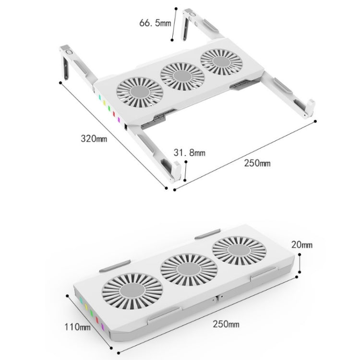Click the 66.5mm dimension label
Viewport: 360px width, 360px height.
click(155, 22)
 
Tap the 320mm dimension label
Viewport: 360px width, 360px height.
click(94, 139)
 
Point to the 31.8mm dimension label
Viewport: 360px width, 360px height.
click(189, 153)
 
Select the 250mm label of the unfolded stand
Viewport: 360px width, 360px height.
click(258, 163)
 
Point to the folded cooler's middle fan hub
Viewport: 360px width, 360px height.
click(184, 268)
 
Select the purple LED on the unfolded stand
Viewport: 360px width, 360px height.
click(118, 119)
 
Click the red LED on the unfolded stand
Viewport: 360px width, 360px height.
click(114, 113)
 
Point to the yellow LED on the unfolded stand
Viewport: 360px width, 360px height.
click(104, 103)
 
